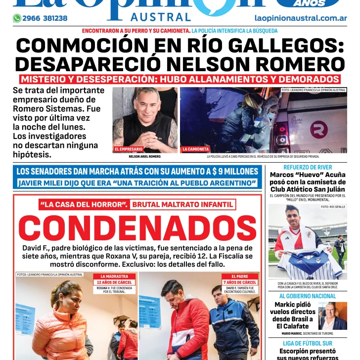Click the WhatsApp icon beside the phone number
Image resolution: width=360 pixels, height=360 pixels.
(x=17, y=18)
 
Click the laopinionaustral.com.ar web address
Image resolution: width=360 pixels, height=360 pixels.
(x=300, y=18)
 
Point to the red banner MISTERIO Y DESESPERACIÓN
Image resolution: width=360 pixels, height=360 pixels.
(x=180, y=79)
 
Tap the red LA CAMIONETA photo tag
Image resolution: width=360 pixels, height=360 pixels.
(x=196, y=149)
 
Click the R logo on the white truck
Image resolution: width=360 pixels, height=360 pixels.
(x=318, y=131)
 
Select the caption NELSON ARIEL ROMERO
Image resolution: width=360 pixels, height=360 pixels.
(x=145, y=156)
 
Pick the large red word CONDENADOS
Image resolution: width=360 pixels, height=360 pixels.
(x=137, y=227)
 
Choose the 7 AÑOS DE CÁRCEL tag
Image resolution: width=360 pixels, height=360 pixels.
(x=239, y=282)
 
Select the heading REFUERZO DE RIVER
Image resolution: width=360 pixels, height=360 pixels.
(x=307, y=168)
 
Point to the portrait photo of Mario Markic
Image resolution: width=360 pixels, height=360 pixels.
(x=332, y=315)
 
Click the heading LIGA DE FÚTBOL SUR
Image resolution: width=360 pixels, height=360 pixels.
(x=307, y=343)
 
